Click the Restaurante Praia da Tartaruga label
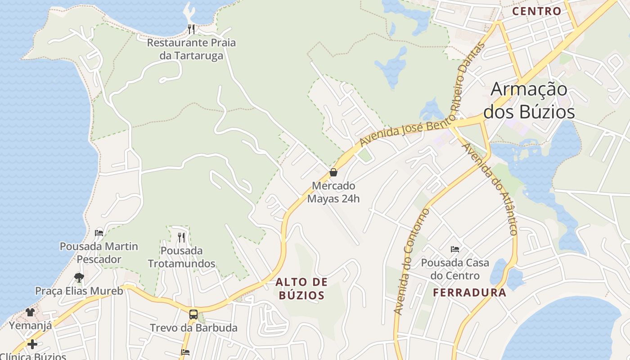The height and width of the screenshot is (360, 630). tap(191, 49)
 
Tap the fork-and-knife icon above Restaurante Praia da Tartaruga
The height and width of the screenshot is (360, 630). tap(191, 29)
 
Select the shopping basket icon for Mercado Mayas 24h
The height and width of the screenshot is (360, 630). tap(333, 172)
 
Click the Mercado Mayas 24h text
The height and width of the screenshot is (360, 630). tap(333, 192)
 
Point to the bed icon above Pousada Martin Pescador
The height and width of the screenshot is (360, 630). tap(99, 233)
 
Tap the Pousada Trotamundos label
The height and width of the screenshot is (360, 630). tap(182, 257)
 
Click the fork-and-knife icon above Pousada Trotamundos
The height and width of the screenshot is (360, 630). tap(181, 237)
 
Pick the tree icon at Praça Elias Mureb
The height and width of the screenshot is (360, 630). tap(79, 277)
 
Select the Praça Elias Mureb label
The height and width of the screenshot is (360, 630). tap(79, 291)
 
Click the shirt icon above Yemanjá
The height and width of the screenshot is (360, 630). tap(30, 312)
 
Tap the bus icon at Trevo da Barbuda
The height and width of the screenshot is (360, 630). tap(193, 314)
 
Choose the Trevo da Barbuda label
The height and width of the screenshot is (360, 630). tap(193, 328)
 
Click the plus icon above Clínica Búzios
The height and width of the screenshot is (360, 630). tap(32, 344)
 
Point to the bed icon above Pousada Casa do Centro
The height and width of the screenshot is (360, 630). tap(455, 249)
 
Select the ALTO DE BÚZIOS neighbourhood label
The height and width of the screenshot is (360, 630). tap(301, 288)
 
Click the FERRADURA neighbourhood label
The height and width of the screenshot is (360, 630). tap(469, 292)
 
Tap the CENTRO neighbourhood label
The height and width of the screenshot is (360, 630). tap(537, 11)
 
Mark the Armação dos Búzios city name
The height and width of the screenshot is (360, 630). tap(529, 100)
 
